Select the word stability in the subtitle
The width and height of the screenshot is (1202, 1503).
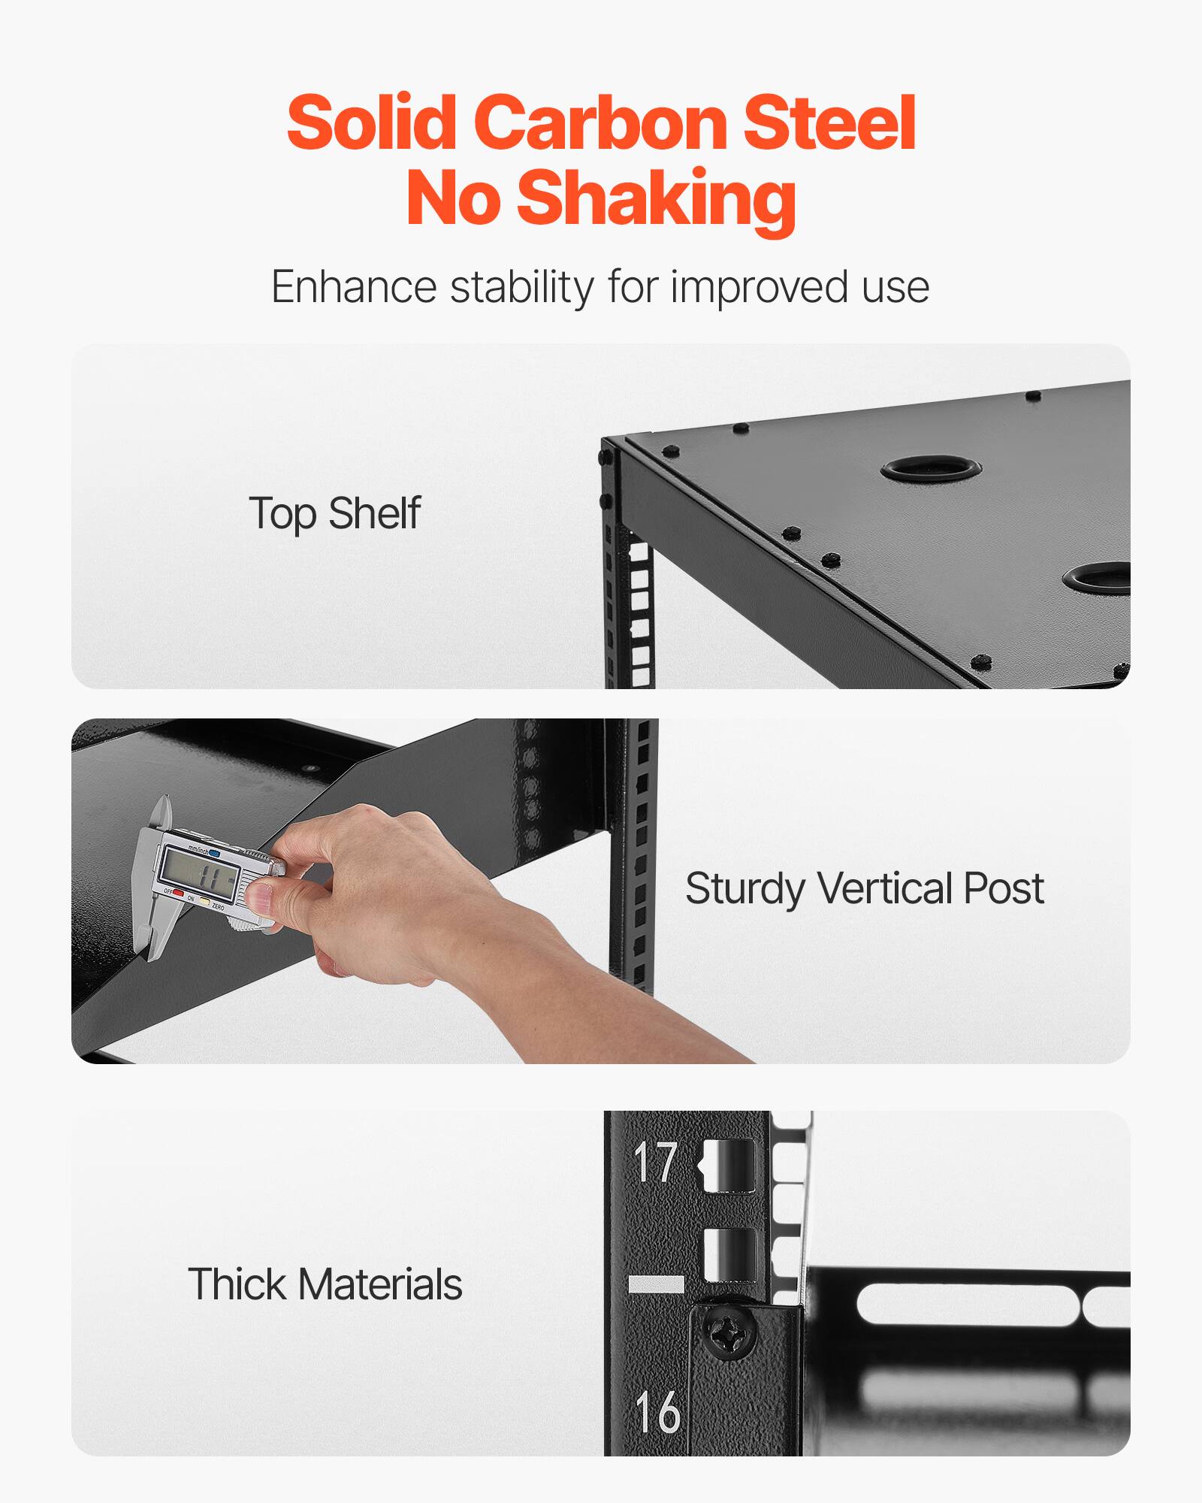tap(521, 287)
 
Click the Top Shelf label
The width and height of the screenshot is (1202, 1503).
tap(334, 514)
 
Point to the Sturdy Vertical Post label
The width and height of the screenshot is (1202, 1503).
tap(864, 889)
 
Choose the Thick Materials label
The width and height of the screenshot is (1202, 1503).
tap(325, 1284)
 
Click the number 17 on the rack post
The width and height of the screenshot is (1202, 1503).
tap(655, 1163)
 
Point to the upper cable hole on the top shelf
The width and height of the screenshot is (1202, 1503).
tap(932, 469)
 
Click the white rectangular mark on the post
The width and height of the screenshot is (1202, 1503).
tap(655, 1284)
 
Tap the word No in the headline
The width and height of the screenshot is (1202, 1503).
tap(453, 198)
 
